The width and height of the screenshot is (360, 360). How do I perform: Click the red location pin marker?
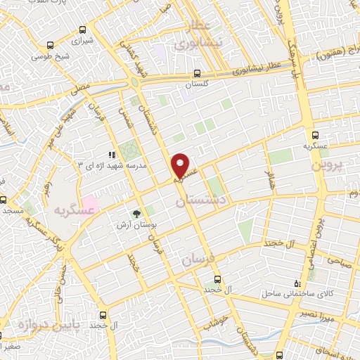(x=181, y=165)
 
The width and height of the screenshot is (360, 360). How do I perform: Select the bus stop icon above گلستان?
(x=198, y=72)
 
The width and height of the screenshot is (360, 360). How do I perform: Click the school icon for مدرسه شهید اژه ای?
(x=110, y=154)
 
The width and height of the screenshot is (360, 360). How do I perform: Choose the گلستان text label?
(x=198, y=84)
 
